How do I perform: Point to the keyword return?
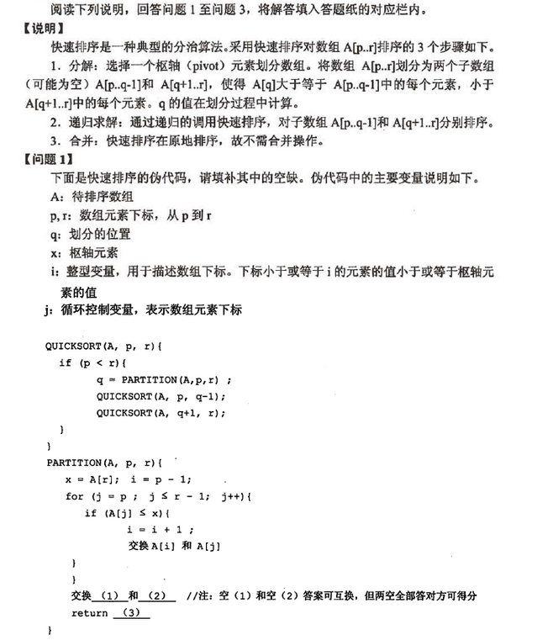[89, 613]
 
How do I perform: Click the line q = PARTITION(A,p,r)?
[163, 379]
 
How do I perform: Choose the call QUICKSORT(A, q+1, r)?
[161, 412]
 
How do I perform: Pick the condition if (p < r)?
[92, 362]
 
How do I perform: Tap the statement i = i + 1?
[161, 529]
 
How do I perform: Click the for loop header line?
[159, 495]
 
